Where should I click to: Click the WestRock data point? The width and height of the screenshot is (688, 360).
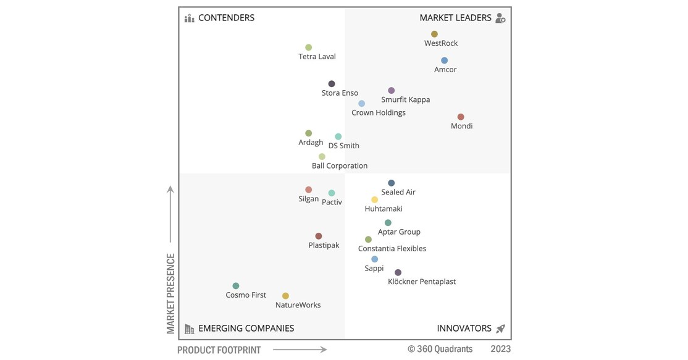click(x=434, y=34)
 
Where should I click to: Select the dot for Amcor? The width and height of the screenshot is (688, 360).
click(x=444, y=61)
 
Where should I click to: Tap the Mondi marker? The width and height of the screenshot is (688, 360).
click(x=461, y=117)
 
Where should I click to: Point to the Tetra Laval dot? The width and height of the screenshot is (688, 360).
click(x=309, y=48)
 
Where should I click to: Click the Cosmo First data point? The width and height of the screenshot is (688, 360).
click(x=236, y=286)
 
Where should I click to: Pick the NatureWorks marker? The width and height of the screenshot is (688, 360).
click(x=285, y=296)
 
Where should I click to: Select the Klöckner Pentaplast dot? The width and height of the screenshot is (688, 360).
click(x=398, y=272)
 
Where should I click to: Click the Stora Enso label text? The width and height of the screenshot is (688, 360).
click(x=340, y=93)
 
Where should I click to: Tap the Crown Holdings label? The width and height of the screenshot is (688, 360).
click(x=378, y=113)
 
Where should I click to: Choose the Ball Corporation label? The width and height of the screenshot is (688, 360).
click(x=339, y=166)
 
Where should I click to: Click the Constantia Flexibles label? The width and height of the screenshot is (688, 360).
click(x=392, y=249)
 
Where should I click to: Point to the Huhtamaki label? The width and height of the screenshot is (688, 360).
click(x=384, y=209)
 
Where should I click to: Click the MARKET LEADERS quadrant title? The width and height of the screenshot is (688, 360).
click(x=455, y=18)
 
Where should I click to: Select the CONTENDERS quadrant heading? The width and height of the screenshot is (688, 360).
click(x=226, y=18)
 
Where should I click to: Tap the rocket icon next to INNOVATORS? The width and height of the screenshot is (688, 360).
click(x=500, y=329)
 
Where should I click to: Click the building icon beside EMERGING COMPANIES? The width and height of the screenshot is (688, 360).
click(x=190, y=329)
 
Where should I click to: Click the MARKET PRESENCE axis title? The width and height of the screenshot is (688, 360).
click(x=171, y=293)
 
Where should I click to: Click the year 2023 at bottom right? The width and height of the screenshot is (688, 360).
click(x=500, y=349)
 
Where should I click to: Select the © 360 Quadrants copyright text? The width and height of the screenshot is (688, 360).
click(x=440, y=349)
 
